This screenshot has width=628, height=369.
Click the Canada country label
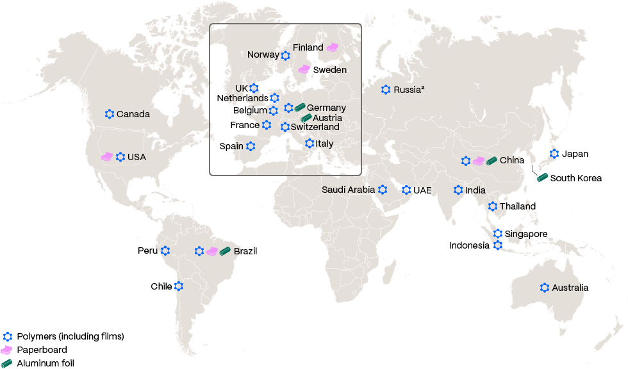pos(133,114)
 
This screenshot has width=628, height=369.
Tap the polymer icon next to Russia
pos(386,90)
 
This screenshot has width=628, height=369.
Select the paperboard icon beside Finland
pos(333,47)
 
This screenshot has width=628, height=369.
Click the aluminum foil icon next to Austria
pos(306,118)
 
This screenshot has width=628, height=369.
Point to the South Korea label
pos(575,178)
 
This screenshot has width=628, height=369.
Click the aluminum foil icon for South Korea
pos(542,177)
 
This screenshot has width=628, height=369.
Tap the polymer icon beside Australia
pos(545,288)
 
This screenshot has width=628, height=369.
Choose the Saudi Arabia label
pos(348,190)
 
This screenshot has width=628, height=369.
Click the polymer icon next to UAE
pos(406,190)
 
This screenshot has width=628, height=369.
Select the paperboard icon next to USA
pos(106,156)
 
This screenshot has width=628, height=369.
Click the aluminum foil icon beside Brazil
pos(225,250)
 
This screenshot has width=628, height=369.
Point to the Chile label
pos(161,286)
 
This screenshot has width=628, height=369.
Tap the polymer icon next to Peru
pos(165,250)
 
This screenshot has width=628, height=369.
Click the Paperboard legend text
pos(42,350)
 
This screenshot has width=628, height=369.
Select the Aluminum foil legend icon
pos(7,363)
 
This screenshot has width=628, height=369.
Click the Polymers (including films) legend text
pos(70,336)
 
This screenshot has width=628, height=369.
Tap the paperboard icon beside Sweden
pos(304,69)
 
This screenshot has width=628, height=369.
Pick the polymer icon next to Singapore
pos(498,234)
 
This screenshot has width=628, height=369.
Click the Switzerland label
pos(315,127)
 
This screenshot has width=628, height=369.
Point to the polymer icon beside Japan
pos(554,154)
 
